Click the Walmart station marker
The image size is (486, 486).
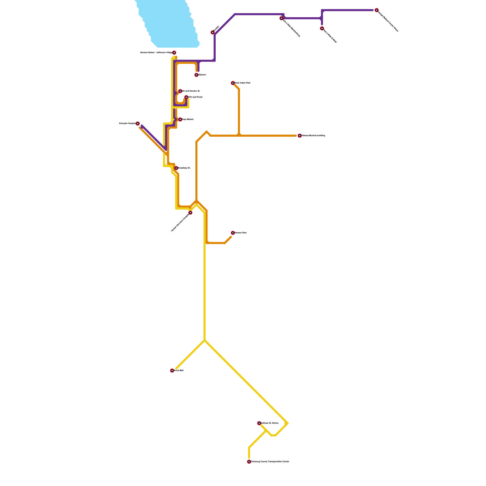tap(197, 75)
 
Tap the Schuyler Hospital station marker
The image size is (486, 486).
tap(138, 124)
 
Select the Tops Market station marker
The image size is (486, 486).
tap(180, 119)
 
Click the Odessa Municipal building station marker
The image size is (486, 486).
tap(299, 136)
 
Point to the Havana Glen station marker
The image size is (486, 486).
tap(233, 233)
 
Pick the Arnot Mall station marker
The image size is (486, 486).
tap(172, 371)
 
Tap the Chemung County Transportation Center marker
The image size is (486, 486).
tap(249, 462)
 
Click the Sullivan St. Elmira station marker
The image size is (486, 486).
tap(259, 423)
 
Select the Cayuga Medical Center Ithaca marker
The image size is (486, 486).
tap(376, 10)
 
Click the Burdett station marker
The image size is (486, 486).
tap(213, 33)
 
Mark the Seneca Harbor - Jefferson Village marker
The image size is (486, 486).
tap(174, 53)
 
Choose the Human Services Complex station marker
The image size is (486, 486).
tap(190, 213)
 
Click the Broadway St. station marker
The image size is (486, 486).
tap(176, 168)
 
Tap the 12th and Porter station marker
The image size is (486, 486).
tap(186, 97)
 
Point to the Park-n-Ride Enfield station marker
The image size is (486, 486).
tap(322, 29)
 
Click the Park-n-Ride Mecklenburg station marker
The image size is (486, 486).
tap(282, 18)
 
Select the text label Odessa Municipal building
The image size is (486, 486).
tap(313, 136)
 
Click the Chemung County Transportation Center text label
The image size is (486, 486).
tap(270, 462)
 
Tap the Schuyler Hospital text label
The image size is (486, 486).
tap(127, 124)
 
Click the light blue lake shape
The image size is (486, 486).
tap(170, 24)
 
